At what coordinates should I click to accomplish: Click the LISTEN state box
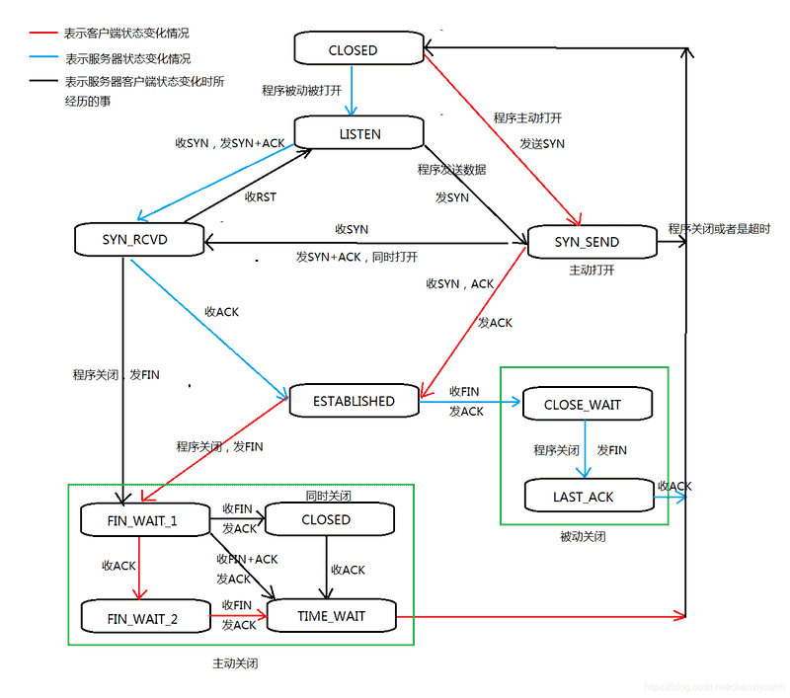pos(359,134)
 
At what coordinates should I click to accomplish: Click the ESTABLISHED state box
pos(353,401)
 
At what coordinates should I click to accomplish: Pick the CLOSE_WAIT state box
pos(584,405)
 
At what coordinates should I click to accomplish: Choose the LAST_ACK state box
pos(583,497)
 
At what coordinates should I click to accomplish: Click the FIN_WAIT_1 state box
pos(142,520)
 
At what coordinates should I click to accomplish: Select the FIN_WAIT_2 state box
pos(142,619)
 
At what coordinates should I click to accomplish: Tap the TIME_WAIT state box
pos(331,616)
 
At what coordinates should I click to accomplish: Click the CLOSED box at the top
pos(353,49)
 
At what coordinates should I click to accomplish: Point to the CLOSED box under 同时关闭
pos(326,519)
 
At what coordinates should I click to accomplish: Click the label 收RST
pos(260,196)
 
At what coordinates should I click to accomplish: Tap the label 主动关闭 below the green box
pos(235,663)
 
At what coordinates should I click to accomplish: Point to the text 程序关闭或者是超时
pos(718,229)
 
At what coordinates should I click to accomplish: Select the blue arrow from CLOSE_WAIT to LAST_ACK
pos(585,450)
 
